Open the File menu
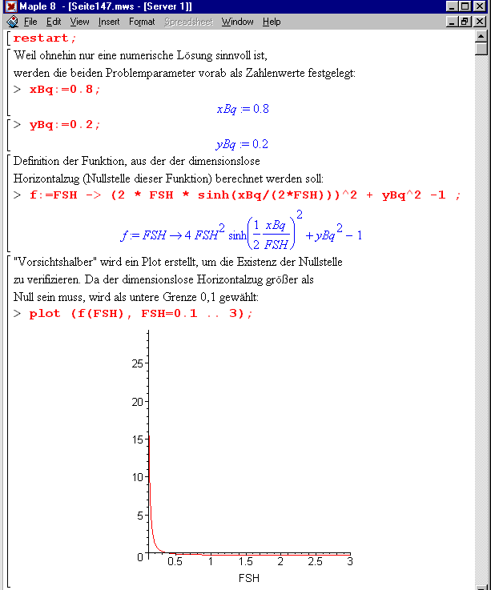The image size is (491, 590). pyautogui.click(x=30, y=22)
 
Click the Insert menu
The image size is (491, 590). pyautogui.click(x=109, y=22)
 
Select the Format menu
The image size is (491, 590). pyautogui.click(x=142, y=22)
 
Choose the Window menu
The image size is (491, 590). pyautogui.click(x=237, y=22)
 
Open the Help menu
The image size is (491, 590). pyautogui.click(x=272, y=22)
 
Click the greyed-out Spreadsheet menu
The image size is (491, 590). pyautogui.click(x=188, y=22)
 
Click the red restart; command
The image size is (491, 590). pyautogui.click(x=45, y=38)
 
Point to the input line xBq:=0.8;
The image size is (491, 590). pyautogui.click(x=65, y=90)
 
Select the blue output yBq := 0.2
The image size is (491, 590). pyautogui.click(x=241, y=144)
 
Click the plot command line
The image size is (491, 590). pyautogui.click(x=140, y=313)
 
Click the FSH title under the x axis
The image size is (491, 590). pyautogui.click(x=248, y=577)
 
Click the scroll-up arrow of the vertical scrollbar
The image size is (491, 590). pyautogui.click(x=481, y=36)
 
